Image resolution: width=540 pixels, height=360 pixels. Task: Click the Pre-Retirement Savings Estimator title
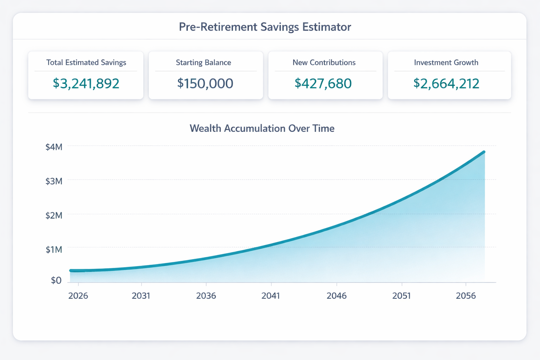click(265, 27)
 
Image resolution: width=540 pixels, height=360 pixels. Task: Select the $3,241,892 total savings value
click(86, 83)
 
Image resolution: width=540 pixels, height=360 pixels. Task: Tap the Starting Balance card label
click(204, 63)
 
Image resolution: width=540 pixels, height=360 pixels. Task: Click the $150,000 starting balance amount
click(205, 83)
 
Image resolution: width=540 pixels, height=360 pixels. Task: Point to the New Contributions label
click(324, 63)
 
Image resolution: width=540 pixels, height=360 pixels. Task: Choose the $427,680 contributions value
click(323, 83)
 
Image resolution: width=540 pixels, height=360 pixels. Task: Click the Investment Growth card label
click(446, 63)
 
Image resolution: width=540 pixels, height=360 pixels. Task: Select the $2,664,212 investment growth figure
click(446, 83)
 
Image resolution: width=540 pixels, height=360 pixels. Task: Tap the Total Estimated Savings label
click(86, 63)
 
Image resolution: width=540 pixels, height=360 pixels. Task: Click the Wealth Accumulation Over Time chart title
click(262, 128)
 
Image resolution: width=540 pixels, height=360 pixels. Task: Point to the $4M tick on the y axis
click(54, 147)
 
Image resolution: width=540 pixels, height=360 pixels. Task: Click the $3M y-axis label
click(54, 181)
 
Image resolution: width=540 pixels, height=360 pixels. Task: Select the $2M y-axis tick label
click(54, 215)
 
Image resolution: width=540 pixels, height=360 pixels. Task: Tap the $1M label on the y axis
click(54, 250)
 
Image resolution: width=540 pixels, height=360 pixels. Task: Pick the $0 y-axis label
click(56, 280)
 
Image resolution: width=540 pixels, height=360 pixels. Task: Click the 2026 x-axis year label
click(78, 296)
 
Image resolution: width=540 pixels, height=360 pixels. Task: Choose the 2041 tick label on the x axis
click(271, 296)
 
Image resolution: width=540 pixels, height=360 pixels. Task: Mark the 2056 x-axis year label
click(466, 296)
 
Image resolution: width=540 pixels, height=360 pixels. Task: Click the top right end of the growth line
click(484, 152)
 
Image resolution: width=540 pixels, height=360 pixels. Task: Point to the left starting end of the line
click(71, 271)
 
